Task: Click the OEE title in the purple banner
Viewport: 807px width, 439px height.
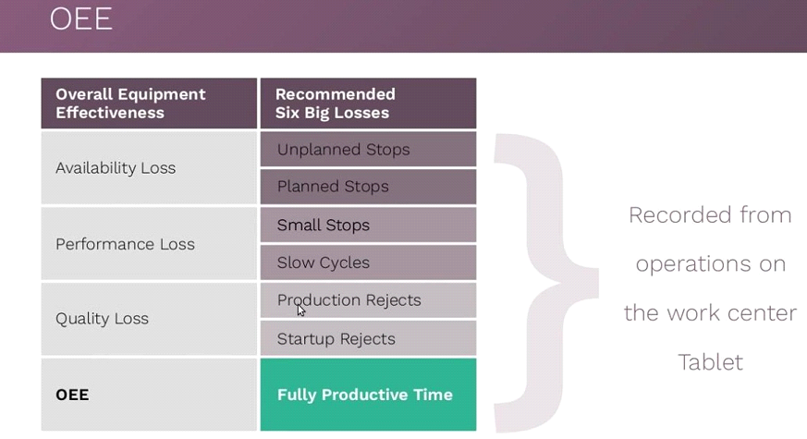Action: (80, 19)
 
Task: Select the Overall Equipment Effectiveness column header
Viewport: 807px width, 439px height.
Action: (149, 104)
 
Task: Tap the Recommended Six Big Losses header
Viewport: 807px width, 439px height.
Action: (368, 104)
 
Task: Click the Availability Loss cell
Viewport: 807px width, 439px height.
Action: (149, 168)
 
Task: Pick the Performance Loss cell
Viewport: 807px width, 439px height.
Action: (149, 244)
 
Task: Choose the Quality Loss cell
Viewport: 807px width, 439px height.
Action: (149, 319)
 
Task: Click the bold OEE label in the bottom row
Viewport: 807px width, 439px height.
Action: (72, 395)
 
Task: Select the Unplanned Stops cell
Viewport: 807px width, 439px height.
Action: (368, 149)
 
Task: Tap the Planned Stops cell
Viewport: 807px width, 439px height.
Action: (368, 187)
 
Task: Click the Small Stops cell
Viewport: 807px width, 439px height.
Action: (368, 225)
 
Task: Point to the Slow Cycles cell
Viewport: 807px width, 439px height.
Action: (368, 262)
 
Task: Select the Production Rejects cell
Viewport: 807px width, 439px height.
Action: (368, 300)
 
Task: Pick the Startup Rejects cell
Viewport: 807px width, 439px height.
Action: (368, 338)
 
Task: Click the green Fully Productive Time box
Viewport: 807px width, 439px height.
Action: (368, 395)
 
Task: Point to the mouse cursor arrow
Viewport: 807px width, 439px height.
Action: (301, 311)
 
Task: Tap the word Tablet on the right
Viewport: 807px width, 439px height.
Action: (710, 362)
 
